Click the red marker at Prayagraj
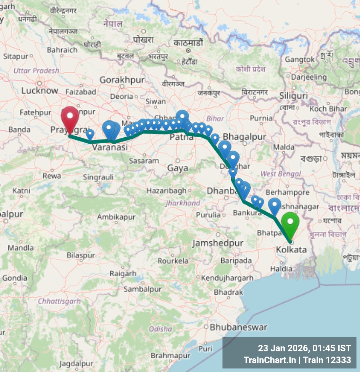70,117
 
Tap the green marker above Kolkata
290,223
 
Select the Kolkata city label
291,250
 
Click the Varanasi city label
110,148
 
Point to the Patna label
181,138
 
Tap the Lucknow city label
40,91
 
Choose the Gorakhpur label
122,80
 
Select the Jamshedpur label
218,243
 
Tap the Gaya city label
178,168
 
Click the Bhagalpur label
244,137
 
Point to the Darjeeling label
309,77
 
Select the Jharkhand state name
183,203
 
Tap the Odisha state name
160,329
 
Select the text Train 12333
327,360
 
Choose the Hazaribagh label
166,191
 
